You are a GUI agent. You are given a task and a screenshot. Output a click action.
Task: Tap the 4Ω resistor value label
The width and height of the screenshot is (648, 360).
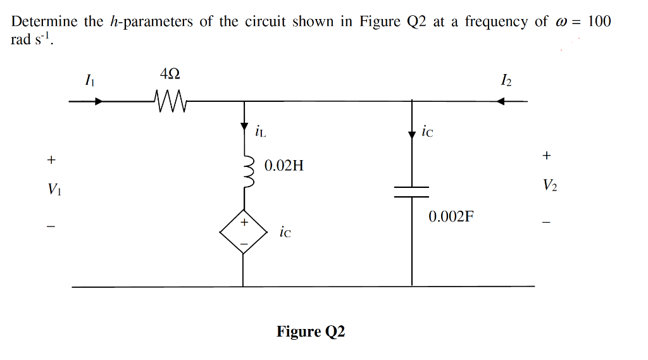(x=170, y=74)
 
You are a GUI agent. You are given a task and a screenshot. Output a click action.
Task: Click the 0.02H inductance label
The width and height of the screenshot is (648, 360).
(x=283, y=166)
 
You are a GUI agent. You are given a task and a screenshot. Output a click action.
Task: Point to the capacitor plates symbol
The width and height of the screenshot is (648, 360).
(x=412, y=192)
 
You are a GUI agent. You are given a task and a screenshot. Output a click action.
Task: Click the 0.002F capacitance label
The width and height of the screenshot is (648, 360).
(x=451, y=217)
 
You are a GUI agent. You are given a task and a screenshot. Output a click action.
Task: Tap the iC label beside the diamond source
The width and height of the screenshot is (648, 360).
(x=285, y=232)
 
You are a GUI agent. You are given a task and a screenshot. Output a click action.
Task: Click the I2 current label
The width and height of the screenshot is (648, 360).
(x=506, y=80)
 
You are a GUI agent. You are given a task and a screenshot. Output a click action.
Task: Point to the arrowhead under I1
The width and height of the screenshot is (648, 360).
(x=98, y=101)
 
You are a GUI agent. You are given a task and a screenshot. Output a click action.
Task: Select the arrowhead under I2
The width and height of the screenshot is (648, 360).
(x=501, y=101)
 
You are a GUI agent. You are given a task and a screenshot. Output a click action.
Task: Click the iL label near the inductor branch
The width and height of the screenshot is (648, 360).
(x=259, y=132)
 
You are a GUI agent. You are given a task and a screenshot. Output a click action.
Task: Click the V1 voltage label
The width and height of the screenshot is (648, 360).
(x=53, y=189)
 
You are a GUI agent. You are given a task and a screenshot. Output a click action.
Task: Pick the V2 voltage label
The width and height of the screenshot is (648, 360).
(x=549, y=185)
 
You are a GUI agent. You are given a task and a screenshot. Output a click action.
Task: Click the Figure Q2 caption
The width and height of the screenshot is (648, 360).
(x=311, y=332)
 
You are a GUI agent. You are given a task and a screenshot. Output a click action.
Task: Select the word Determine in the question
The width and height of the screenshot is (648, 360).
(x=44, y=22)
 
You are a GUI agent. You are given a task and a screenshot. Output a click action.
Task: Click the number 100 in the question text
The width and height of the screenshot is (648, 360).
(x=599, y=22)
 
